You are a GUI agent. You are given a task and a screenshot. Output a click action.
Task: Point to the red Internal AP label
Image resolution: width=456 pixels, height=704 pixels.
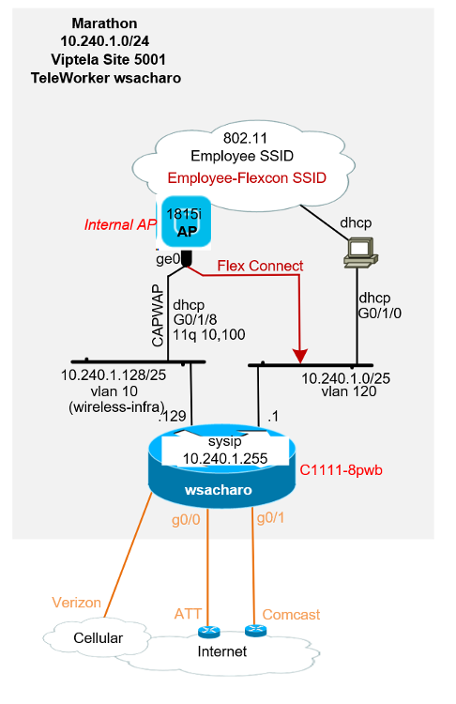119,225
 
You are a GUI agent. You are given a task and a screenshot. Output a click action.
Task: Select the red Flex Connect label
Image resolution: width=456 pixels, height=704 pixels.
260,266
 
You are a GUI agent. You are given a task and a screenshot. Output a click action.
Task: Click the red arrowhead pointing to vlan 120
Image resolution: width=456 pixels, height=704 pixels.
300,356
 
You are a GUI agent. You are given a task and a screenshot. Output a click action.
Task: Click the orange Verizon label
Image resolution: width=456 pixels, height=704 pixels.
76,602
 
